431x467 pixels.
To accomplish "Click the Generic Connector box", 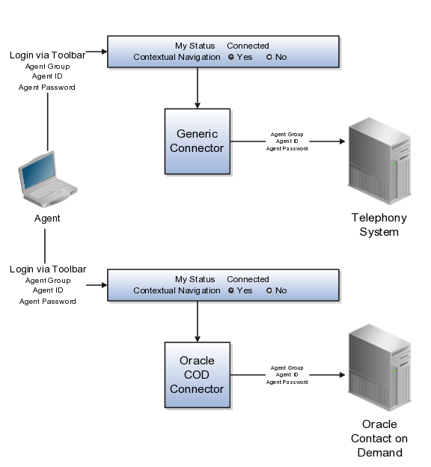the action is (x=198, y=141).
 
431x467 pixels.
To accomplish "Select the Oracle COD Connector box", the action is (x=198, y=375).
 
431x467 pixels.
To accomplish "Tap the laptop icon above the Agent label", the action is (x=48, y=179).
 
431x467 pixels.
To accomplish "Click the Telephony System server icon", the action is (x=379, y=161).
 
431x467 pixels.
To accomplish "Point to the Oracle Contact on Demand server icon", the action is (x=379, y=367).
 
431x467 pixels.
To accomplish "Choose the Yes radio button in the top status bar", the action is (x=231, y=57).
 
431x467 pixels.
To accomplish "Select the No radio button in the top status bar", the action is (x=269, y=57).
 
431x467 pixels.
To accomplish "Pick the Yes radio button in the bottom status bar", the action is (x=231, y=290).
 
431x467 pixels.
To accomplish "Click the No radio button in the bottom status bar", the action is (x=269, y=290).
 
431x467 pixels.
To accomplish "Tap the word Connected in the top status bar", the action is (x=248, y=46).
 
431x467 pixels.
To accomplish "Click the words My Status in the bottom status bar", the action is (x=195, y=279).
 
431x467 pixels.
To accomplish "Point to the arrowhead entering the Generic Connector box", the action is (x=198, y=106).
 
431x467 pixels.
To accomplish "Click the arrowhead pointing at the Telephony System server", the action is (x=342, y=141).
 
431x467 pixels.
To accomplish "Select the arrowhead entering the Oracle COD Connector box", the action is (x=198, y=339).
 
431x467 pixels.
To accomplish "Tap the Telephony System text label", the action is (x=379, y=225).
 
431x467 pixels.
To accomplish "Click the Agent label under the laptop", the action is (x=47, y=219).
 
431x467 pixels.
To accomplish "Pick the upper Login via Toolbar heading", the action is (x=48, y=55).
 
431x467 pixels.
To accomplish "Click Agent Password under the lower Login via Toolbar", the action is (x=48, y=302).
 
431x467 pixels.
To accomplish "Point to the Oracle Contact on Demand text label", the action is (x=379, y=439).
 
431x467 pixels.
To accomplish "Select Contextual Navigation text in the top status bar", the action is (x=177, y=57).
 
